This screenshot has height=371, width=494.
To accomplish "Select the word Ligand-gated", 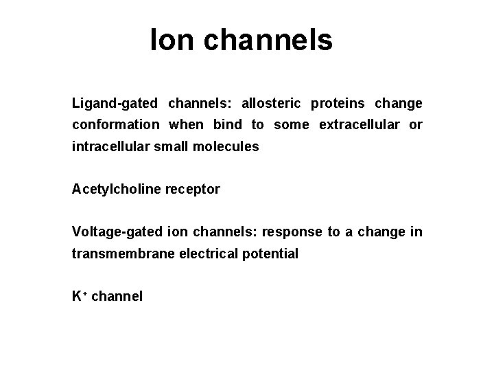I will point(115,104).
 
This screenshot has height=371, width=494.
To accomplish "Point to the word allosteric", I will point(270,104).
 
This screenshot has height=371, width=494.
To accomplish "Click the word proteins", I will point(338,104).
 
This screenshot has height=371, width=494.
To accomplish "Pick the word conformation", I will point(115,125).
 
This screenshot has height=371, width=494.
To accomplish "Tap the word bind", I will point(227,125).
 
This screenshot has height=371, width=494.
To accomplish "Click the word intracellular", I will point(107,146).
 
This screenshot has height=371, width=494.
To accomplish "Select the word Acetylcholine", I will point(115,189).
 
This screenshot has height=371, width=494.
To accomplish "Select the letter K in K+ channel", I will point(76,297).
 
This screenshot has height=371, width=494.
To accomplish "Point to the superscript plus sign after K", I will point(84,294).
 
